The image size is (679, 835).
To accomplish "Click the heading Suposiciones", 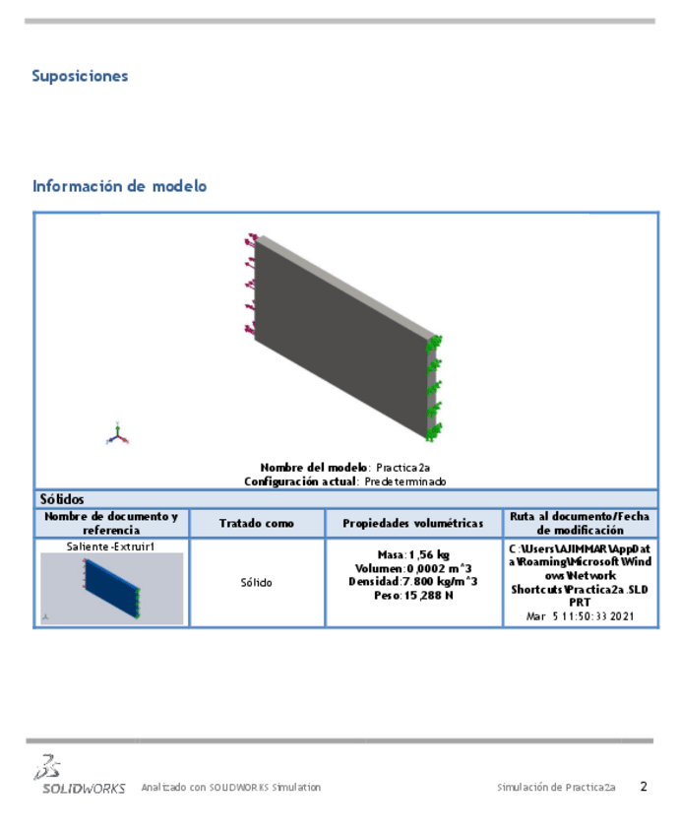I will (80, 76).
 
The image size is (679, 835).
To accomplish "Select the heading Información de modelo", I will (119, 186).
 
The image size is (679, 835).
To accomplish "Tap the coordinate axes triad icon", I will (118, 434).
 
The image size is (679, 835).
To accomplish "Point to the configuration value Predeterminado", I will (404, 482).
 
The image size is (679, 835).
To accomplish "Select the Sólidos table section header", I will (61, 499).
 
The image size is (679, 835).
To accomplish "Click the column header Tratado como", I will (256, 523).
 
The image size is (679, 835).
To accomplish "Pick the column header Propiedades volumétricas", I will (413, 523).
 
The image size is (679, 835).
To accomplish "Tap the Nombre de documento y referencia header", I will (111, 523).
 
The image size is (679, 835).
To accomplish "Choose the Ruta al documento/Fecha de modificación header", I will (580, 523).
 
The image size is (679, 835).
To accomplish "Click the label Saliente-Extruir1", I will (111, 546).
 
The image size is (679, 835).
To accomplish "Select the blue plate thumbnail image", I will (111, 588).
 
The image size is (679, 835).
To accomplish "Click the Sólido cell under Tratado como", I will (256, 583).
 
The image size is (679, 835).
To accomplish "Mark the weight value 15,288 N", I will (427, 595).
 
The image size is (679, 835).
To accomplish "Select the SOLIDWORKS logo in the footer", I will (80, 776).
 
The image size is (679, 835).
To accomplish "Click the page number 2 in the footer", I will (643, 786).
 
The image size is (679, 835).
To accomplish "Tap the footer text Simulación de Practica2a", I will (556, 787).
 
